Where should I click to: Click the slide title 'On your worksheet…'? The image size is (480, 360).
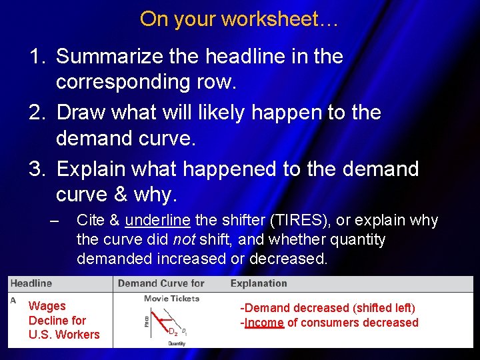(239, 19)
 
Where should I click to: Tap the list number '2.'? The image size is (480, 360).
(37, 113)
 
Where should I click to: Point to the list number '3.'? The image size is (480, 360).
(37, 169)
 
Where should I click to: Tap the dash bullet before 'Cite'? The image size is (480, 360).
(55, 221)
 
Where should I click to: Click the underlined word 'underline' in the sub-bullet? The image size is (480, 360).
(158, 221)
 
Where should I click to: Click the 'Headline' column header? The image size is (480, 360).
(31, 284)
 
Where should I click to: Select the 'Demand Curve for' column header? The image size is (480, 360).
(161, 284)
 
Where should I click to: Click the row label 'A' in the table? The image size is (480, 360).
(13, 301)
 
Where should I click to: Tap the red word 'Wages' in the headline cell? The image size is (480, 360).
(47, 306)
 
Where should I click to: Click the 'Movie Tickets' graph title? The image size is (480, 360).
(171, 299)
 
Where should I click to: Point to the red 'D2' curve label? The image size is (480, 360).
(172, 331)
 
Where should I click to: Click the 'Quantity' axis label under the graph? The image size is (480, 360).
(177, 343)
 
